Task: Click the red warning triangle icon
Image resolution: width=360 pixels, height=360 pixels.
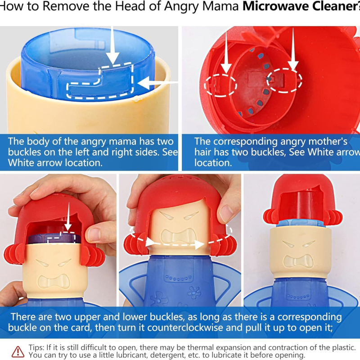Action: click(x=18, y=351)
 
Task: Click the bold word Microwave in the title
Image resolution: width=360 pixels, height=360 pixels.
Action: click(x=275, y=6)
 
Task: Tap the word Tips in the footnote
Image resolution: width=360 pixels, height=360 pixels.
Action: click(x=36, y=347)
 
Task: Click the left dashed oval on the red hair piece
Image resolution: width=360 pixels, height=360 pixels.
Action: click(x=220, y=85)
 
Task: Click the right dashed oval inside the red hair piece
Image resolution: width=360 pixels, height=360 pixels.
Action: click(x=285, y=81)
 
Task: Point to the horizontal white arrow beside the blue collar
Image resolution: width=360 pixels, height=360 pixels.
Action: click(x=158, y=83)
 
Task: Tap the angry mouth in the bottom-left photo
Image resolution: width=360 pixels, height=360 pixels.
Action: click(x=54, y=282)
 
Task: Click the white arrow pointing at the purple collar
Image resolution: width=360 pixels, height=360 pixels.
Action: click(x=68, y=216)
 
